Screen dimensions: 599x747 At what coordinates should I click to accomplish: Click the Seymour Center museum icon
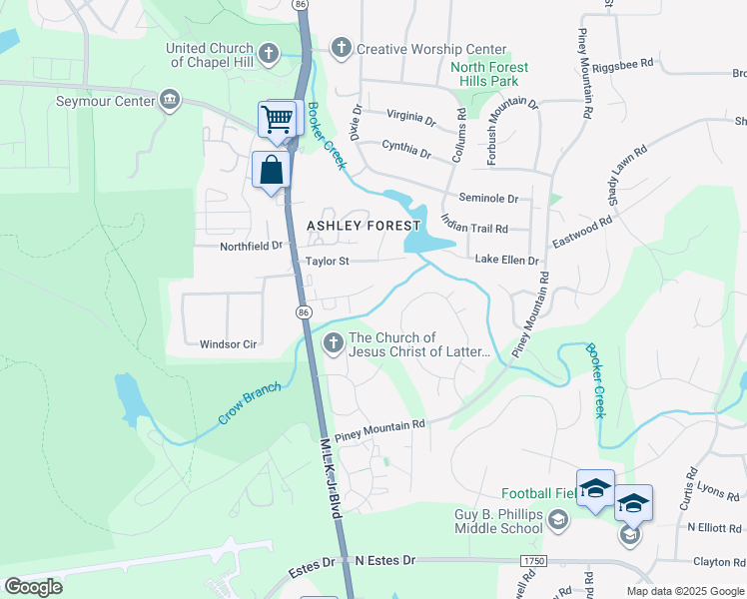170,99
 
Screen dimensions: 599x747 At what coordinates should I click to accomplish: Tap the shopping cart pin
278,120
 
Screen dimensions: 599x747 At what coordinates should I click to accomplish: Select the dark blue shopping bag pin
272,170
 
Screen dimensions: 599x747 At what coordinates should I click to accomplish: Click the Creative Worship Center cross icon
341,48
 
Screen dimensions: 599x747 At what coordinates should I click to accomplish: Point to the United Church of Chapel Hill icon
268,53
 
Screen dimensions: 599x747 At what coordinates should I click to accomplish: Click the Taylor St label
327,262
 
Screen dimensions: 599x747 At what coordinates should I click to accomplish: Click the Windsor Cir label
229,343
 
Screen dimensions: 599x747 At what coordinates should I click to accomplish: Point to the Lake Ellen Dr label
506,260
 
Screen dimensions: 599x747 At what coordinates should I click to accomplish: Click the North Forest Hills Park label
489,74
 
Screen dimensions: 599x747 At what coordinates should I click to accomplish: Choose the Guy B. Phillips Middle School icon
557,519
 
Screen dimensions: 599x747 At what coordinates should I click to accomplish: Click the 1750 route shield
530,561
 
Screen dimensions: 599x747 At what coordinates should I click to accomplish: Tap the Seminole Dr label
488,198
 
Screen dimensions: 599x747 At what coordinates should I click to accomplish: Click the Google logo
34,587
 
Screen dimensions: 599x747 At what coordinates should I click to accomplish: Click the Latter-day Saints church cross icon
334,343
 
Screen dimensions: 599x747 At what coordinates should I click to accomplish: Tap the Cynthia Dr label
405,154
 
